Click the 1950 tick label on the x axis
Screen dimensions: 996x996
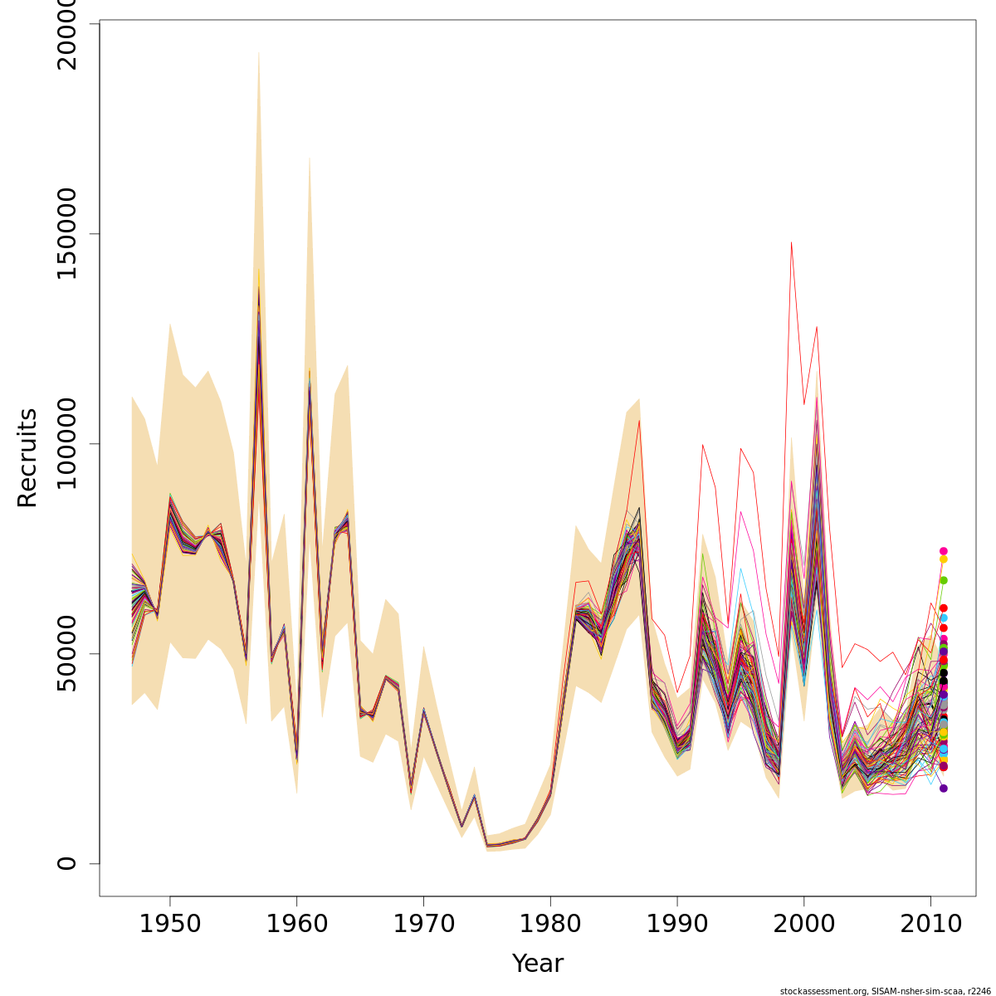coord(170,924)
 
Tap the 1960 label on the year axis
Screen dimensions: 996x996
coord(297,924)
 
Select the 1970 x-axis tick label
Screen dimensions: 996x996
coord(423,924)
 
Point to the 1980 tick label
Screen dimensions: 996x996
coord(550,924)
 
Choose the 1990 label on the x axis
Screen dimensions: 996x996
coord(677,924)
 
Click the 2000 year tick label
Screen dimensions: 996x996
coord(804,924)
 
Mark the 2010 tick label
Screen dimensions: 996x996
coord(930,924)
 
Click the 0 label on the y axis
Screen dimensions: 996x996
coord(66,863)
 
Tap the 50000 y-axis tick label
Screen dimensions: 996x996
coord(66,653)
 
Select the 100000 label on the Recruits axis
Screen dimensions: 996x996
coord(66,443)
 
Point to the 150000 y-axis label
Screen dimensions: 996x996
coord(66,233)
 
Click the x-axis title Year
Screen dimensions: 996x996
coord(538,964)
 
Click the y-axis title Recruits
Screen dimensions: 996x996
coord(27,457)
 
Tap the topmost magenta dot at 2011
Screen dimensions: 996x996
coord(944,551)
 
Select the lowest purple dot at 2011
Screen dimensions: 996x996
coord(944,788)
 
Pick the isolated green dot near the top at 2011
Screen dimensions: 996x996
coord(944,580)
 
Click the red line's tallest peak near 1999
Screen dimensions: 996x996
coord(791,242)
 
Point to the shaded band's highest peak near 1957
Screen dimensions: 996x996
coord(258,51)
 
